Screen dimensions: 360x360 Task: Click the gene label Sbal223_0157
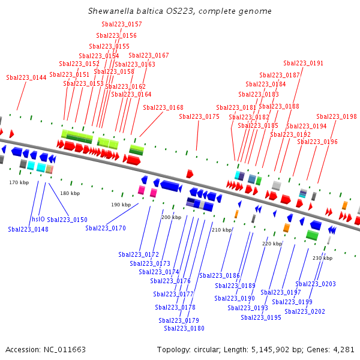[122, 24]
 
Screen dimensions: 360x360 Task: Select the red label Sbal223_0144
[26, 77]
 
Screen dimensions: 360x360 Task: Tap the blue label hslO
[38, 219]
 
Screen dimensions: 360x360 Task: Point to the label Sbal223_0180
[184, 328]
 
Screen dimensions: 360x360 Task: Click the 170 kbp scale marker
[19, 182]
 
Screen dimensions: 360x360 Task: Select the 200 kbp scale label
[171, 217]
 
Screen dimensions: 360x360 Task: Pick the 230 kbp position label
[322, 258]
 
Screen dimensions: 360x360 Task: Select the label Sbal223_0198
[337, 116]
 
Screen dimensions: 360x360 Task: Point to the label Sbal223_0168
[163, 107]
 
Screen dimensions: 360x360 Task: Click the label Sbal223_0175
[199, 116]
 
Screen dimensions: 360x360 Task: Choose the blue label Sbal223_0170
[106, 228]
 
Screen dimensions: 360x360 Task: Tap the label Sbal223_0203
[316, 284]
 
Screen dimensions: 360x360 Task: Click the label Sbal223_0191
[303, 63]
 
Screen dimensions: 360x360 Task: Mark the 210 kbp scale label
[222, 230]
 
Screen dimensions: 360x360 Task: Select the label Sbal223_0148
[28, 229]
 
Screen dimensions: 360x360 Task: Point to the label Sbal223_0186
[220, 275]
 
